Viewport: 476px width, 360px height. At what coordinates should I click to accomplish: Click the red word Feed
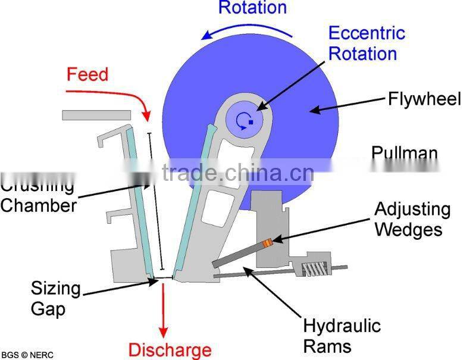coord(87,74)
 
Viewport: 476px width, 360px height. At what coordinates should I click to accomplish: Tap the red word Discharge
coord(170,350)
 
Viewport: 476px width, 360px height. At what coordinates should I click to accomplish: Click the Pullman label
coord(404,153)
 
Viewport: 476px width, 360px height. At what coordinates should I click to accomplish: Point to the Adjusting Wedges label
coord(412,219)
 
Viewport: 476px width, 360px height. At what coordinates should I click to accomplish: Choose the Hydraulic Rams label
coord(342,335)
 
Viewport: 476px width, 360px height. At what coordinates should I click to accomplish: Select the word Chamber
coord(39,206)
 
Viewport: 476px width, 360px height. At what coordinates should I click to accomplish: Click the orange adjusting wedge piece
coord(269,242)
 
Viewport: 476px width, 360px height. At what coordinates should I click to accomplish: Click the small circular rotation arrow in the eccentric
coord(241,121)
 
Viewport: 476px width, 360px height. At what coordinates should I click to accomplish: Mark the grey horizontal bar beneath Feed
coord(96,114)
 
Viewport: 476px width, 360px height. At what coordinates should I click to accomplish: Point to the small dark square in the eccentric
coord(251,122)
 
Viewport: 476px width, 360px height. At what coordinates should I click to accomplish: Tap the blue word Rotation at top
coord(252,7)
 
